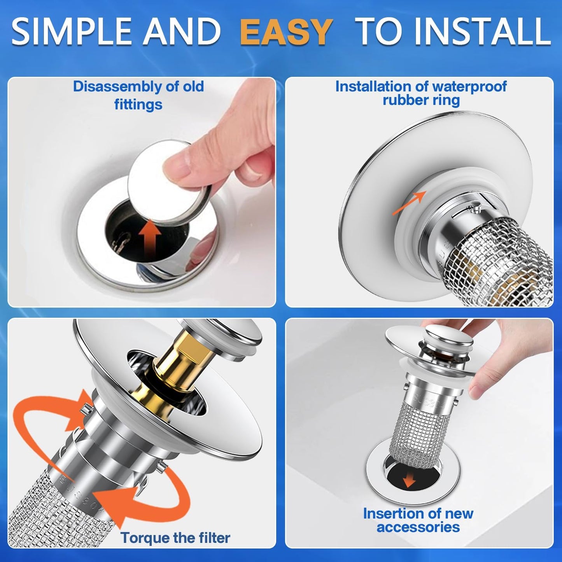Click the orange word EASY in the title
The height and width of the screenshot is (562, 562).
[x=286, y=32]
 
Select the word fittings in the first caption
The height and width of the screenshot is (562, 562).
[x=138, y=104]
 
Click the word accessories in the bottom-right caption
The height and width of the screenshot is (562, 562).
[x=418, y=527]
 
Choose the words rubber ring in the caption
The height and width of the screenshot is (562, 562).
[x=421, y=100]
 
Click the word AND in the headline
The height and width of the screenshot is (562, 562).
[x=182, y=32]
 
